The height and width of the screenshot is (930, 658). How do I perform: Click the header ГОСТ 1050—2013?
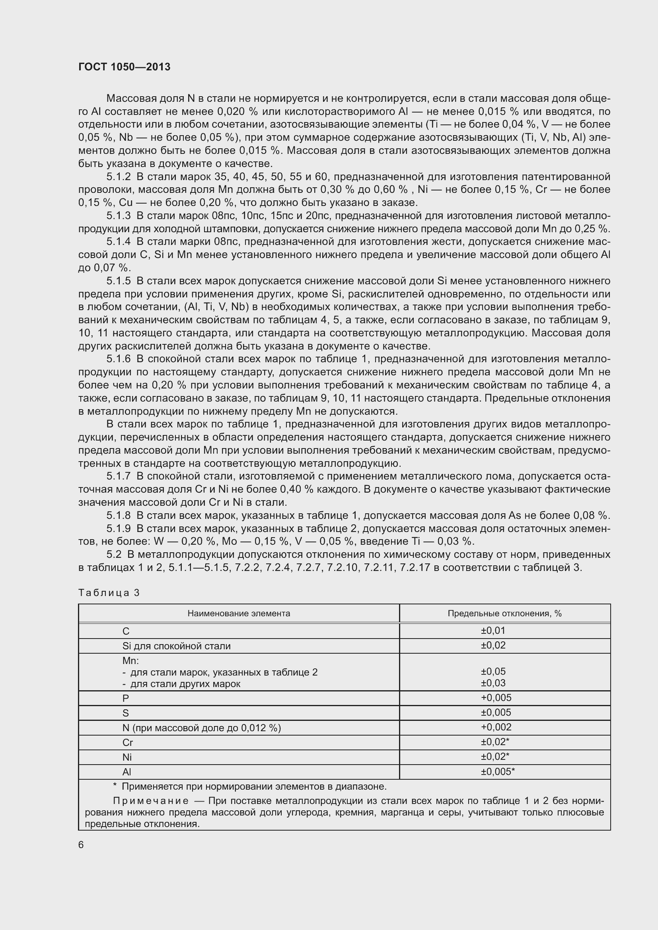[x=125, y=67]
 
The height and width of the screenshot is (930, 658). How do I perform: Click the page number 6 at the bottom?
[x=81, y=845]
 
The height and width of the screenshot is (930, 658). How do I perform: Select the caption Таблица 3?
[x=109, y=592]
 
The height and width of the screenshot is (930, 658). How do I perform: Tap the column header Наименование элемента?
[x=239, y=613]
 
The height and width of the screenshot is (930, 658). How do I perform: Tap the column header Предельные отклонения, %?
[x=504, y=613]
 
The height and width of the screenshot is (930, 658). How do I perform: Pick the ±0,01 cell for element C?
[x=493, y=631]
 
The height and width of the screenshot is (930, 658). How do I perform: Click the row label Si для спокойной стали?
[x=176, y=646]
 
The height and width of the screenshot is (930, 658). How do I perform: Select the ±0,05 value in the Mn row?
[x=493, y=672]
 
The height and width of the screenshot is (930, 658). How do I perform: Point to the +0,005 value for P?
[x=496, y=697]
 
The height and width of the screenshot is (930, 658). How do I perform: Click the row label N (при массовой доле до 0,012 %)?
[x=201, y=728]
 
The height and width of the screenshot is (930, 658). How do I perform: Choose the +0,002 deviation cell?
[x=496, y=727]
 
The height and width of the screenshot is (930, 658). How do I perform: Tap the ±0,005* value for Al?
[x=498, y=772]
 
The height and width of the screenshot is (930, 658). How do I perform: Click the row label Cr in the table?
[x=128, y=742]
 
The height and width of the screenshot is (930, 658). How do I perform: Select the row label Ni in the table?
[x=127, y=757]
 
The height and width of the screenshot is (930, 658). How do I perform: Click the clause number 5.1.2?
[x=119, y=177]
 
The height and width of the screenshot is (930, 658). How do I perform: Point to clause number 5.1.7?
[x=119, y=476]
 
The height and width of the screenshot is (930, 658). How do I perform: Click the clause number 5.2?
[x=114, y=555]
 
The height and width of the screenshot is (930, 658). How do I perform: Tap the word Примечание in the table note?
[x=151, y=801]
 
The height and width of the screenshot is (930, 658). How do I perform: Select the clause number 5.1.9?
[x=119, y=528]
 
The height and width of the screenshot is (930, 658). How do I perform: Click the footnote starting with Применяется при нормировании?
[x=254, y=786]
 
